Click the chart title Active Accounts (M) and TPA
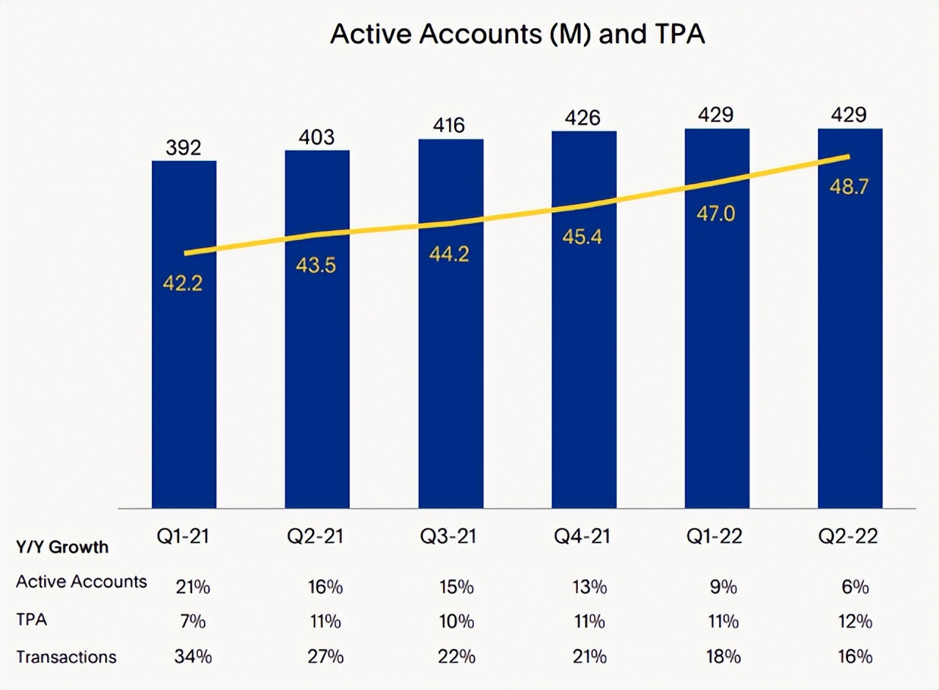516,34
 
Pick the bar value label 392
183,148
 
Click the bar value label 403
317,137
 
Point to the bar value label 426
584,117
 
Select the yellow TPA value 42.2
183,284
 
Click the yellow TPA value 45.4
583,238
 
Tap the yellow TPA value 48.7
850,186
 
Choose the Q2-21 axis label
317,537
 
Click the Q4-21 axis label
583,537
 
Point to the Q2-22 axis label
850,537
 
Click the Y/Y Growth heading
62,547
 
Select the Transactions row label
66,656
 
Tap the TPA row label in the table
32,620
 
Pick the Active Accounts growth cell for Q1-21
191,586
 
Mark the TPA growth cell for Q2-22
854,622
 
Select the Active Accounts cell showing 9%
723,586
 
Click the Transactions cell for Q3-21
457,656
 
